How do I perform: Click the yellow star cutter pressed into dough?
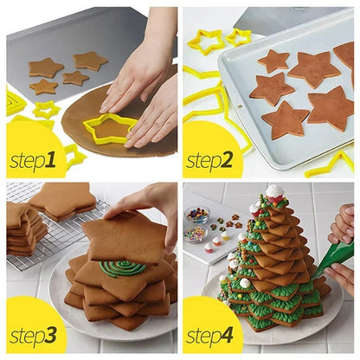point(111,127)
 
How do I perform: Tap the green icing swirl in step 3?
point(122,268)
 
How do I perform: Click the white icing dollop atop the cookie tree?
point(275,191)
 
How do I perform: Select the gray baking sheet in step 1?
point(52,52)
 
